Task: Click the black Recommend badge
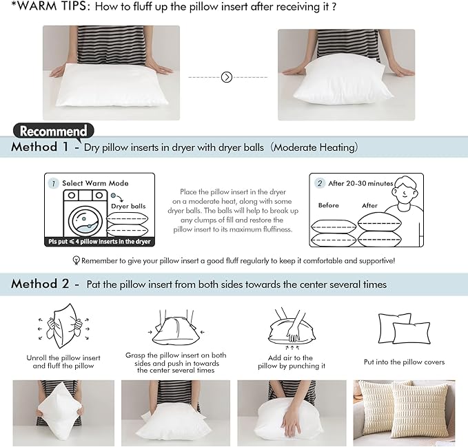coord(54,131)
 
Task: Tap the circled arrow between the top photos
coord(227,77)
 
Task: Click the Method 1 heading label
coord(40,147)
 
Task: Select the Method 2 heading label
coord(40,284)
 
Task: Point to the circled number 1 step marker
coord(53,183)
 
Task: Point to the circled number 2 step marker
coord(320,183)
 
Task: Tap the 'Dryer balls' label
coord(128,206)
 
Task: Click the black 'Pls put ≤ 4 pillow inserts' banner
coord(99,242)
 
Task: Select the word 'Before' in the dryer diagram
coord(329,205)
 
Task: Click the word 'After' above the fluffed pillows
coord(369,205)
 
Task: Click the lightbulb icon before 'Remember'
coord(77,261)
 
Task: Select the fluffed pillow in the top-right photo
coord(343,83)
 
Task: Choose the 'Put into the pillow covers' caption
coord(404,362)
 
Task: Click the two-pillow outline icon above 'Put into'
coord(403,328)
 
